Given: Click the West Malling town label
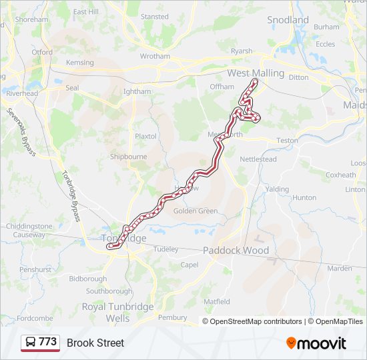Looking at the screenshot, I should pyautogui.click(x=256, y=73).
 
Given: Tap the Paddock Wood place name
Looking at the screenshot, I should pyautogui.click(x=236, y=251).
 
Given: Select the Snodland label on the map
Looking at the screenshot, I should pyautogui.click(x=288, y=20).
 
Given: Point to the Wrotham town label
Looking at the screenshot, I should pyautogui.click(x=155, y=57).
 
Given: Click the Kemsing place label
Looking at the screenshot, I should pyautogui.click(x=80, y=63).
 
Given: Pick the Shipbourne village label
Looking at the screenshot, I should pyautogui.click(x=128, y=157).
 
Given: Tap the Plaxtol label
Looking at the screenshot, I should pyautogui.click(x=145, y=136).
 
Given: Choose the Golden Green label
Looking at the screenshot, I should pyautogui.click(x=196, y=211).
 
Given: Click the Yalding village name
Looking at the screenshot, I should pyautogui.click(x=277, y=189).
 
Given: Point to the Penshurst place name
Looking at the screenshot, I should pyautogui.click(x=35, y=270).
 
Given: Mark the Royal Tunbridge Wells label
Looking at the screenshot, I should pyautogui.click(x=117, y=313).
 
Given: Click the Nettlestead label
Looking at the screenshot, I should pyautogui.click(x=258, y=160).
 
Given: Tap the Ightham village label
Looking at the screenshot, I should pyautogui.click(x=137, y=91).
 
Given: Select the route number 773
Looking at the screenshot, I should pyautogui.click(x=48, y=342).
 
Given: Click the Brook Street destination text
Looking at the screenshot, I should pyautogui.click(x=95, y=343).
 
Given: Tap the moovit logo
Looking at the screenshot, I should pyautogui.click(x=316, y=343).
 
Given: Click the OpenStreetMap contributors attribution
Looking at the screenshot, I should pyautogui.click(x=256, y=321).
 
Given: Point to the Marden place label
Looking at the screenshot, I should pyautogui.click(x=340, y=269).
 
